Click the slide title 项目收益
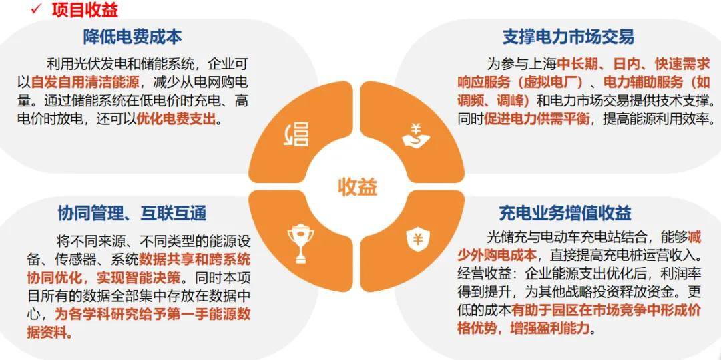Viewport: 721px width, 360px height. (x=85, y=9)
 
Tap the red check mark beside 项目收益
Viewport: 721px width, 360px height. (x=37, y=9)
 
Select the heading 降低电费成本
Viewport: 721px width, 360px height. (x=132, y=37)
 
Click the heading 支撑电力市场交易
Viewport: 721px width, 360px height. (x=568, y=37)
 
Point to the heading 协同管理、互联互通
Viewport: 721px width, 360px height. (x=132, y=213)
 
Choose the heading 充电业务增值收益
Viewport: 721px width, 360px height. (x=565, y=213)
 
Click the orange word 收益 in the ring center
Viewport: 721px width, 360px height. (x=357, y=186)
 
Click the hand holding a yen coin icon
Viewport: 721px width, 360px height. (x=416, y=136)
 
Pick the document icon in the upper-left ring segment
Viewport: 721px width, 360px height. (x=296, y=136)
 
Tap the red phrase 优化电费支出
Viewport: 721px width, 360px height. (x=176, y=119)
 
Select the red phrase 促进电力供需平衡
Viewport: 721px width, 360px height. (x=537, y=119)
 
